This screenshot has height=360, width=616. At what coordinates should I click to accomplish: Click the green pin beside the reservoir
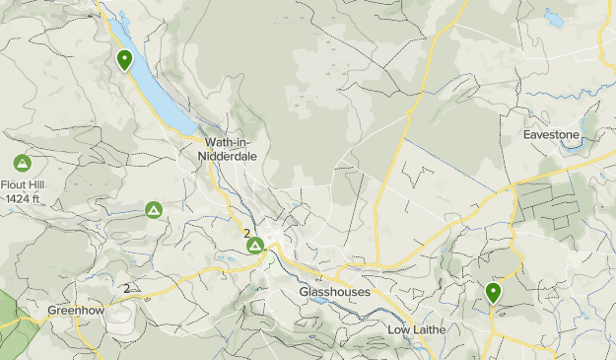[125, 60]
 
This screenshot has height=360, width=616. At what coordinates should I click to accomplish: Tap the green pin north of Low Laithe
[492, 292]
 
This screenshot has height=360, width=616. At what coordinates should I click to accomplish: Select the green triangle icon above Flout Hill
[22, 163]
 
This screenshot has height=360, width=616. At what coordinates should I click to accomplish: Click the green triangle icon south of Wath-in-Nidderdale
[154, 210]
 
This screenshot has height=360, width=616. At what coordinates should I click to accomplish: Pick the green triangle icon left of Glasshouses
[255, 245]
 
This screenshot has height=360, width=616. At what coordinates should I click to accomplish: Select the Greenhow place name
[74, 311]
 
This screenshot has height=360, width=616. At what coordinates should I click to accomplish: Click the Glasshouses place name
[334, 293]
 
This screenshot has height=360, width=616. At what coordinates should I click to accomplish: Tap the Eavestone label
[552, 133]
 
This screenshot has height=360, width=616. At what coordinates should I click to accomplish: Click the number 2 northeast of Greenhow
[126, 288]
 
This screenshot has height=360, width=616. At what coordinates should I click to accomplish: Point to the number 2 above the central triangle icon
[245, 233]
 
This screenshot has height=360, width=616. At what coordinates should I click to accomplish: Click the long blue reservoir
[163, 94]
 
